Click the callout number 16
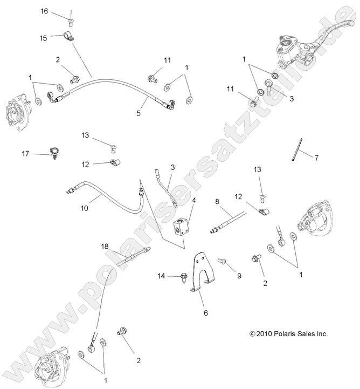pyautogui.click(x=44, y=11)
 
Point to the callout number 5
pyautogui.click(x=139, y=113)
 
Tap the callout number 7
pyautogui.click(x=316, y=158)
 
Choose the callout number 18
pyautogui.click(x=105, y=246)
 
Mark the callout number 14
pyautogui.click(x=161, y=276)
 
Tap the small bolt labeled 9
pyautogui.click(x=221, y=262)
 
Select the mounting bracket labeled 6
pyautogui.click(x=202, y=272)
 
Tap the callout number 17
pyautogui.click(x=25, y=154)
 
